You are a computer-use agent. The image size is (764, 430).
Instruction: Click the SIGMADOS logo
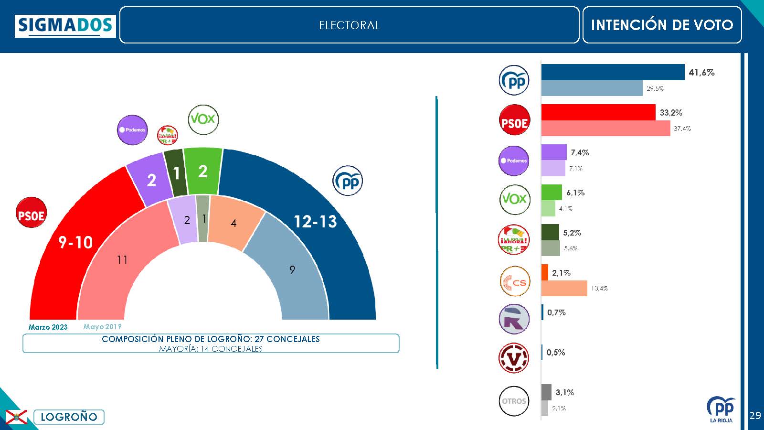(65, 26)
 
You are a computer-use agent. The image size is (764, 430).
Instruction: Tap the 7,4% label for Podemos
(580, 153)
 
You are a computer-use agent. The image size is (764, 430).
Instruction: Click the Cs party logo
(514, 281)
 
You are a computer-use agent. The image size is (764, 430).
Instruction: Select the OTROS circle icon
(514, 401)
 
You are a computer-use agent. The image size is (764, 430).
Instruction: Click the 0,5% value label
(556, 353)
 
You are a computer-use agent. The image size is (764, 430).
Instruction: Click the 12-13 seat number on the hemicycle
(315, 222)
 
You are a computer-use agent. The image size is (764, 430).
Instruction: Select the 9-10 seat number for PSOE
(75, 243)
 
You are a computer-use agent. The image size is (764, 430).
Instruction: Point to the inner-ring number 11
(122, 260)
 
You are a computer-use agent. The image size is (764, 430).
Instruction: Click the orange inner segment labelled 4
(233, 223)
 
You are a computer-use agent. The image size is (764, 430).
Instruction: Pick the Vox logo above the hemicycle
(203, 119)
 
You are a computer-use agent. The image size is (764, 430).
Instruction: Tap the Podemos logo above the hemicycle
(132, 130)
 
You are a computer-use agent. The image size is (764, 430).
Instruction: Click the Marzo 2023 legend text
(48, 327)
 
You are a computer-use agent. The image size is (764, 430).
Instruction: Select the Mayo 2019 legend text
(102, 327)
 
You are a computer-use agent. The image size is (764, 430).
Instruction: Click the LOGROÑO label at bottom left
(69, 417)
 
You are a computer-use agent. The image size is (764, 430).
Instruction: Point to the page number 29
(755, 415)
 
